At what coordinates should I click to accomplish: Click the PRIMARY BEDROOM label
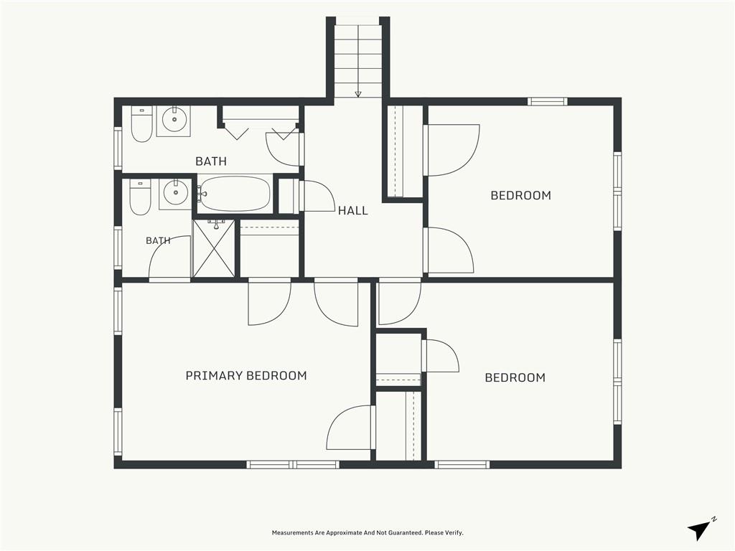click(x=246, y=375)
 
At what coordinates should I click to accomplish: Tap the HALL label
click(x=353, y=211)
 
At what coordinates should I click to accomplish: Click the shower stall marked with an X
click(x=214, y=248)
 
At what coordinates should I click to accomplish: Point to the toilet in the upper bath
click(x=141, y=124)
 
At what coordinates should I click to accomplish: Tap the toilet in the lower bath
click(x=140, y=197)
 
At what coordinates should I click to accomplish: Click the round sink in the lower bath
click(x=175, y=192)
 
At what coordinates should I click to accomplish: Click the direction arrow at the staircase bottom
click(x=358, y=94)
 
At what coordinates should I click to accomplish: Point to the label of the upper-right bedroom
click(x=521, y=195)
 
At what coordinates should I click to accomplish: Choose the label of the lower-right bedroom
click(x=515, y=377)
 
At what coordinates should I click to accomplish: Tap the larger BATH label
click(x=211, y=161)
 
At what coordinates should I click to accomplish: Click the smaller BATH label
click(x=158, y=241)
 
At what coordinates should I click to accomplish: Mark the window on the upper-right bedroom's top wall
click(x=547, y=102)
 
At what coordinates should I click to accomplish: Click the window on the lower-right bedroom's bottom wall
click(x=462, y=465)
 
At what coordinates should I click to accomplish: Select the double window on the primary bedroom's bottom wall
click(x=293, y=465)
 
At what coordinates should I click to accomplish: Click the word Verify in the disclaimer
click(x=454, y=533)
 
